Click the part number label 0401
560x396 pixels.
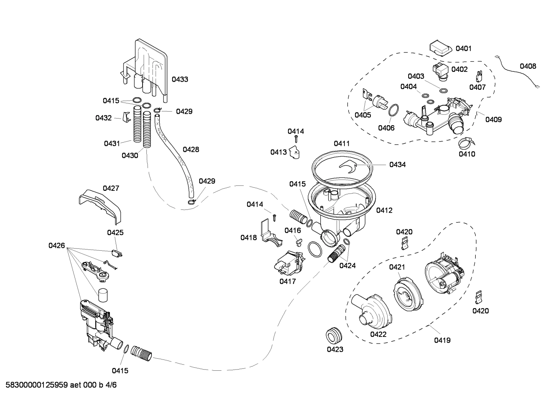click(x=463, y=49)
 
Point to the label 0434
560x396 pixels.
click(x=397, y=165)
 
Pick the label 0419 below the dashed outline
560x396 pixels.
click(x=442, y=340)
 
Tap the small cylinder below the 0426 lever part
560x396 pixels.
click(x=103, y=295)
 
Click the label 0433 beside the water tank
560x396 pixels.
click(x=180, y=79)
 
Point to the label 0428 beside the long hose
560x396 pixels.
click(x=191, y=149)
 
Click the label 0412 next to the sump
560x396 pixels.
click(x=384, y=210)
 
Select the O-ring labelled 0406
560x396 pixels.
click(x=393, y=110)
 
